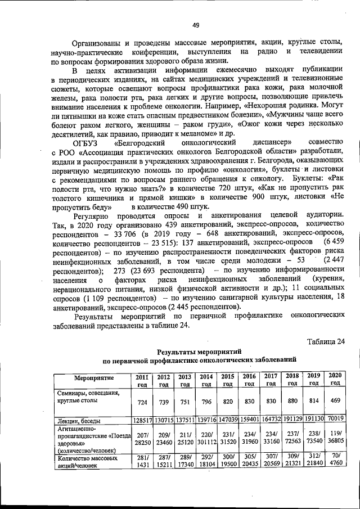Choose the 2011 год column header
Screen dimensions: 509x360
point(142,380)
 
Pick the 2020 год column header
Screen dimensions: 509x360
point(335,379)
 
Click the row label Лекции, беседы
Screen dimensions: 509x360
point(78,420)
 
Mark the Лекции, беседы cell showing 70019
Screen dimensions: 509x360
point(335,420)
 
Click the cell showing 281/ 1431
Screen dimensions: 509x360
point(142,462)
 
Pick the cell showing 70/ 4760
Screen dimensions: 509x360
point(335,461)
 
